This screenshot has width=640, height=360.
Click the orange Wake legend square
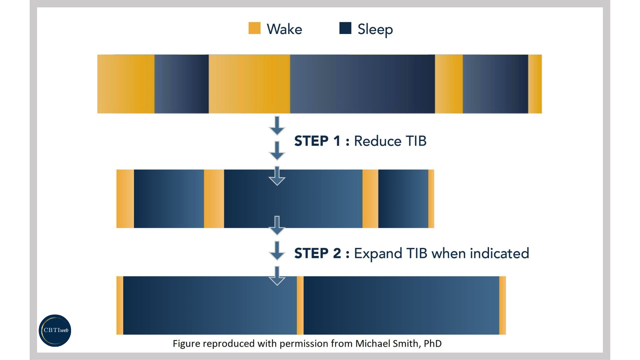tap(254, 28)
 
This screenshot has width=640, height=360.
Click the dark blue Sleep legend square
tap(345, 28)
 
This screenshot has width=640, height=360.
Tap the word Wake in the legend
tap(284, 29)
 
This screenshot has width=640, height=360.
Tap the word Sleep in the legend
tap(375, 29)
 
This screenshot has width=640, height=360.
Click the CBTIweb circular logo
tap(55, 330)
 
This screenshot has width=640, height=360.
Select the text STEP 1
tap(317, 141)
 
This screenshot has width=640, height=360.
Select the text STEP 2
tap(317, 253)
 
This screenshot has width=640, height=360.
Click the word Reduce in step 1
tap(377, 141)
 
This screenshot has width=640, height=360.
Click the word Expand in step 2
tap(378, 253)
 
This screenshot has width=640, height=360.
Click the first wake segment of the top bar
tap(126, 84)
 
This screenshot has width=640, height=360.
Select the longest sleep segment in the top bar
tap(362, 84)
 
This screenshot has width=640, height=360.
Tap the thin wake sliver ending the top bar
tap(535, 84)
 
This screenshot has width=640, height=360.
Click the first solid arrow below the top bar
tap(277, 126)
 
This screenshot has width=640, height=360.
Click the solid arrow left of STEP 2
tap(277, 251)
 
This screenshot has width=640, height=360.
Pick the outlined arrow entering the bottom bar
tap(277, 276)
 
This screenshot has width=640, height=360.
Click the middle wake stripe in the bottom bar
tap(300, 305)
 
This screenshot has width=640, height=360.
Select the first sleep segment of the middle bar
tap(169, 199)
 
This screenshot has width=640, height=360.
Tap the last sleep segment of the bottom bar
tap(401, 305)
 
